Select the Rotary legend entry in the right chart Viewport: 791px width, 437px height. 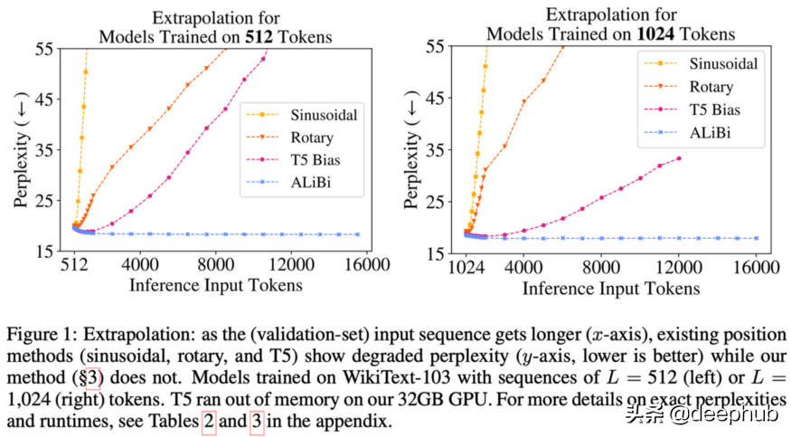coord(711,88)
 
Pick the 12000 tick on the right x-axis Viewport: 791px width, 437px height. coord(678,268)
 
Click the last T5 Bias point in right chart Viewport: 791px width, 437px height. coord(678,158)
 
